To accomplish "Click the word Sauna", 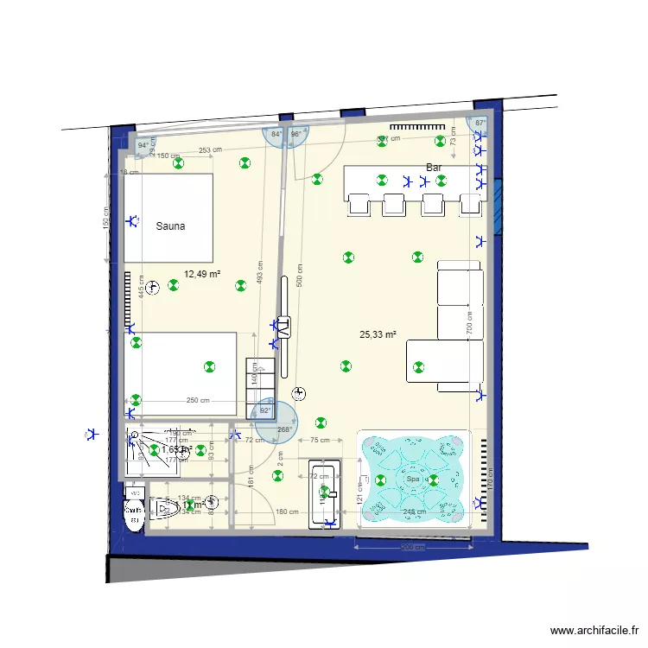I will pyautogui.click(x=170, y=226).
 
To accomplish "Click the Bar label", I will pyautogui.click(x=434, y=167).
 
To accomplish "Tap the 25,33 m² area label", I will pyautogui.click(x=378, y=334).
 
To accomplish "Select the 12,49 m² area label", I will pyautogui.click(x=201, y=275).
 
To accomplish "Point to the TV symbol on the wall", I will pyautogui.click(x=283, y=327).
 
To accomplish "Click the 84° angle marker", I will pyautogui.click(x=276, y=135).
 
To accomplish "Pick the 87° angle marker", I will pyautogui.click(x=480, y=124).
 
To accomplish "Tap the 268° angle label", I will pyautogui.click(x=283, y=429).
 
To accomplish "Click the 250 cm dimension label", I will pyautogui.click(x=198, y=401).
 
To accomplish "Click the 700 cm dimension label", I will pyautogui.click(x=469, y=322).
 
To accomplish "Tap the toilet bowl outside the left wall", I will pyautogui.click(x=134, y=510).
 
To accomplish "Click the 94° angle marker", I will pyautogui.click(x=143, y=146).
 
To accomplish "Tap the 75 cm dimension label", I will pyautogui.click(x=319, y=440).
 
